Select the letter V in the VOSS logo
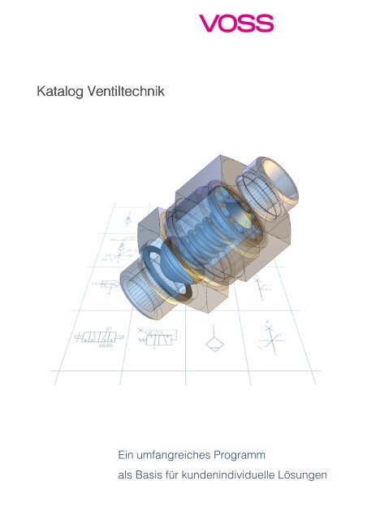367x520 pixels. (209, 24)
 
